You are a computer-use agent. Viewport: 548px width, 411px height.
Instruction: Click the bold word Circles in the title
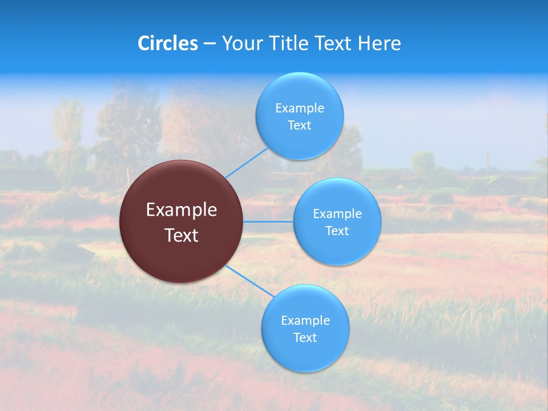(x=168, y=43)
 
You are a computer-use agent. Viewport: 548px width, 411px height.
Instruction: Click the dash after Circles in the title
(x=209, y=44)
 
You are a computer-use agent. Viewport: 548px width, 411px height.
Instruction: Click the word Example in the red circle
(x=182, y=210)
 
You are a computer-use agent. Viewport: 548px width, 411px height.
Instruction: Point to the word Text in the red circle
(x=182, y=235)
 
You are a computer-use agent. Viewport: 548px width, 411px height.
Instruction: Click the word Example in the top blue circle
(x=299, y=108)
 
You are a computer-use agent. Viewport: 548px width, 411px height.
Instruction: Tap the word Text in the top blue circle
(x=299, y=126)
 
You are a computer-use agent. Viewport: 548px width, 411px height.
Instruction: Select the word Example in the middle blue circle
(x=337, y=214)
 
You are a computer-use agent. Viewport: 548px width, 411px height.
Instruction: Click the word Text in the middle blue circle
(x=337, y=231)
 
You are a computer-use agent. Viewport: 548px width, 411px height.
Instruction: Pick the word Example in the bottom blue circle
(x=305, y=321)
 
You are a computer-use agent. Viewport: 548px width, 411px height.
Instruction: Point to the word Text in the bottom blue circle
(x=305, y=338)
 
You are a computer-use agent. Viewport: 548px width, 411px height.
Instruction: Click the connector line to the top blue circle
(x=247, y=163)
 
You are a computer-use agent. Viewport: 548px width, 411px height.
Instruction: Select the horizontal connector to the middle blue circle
(x=268, y=221)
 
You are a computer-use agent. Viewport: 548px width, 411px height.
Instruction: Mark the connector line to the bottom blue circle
(x=250, y=281)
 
